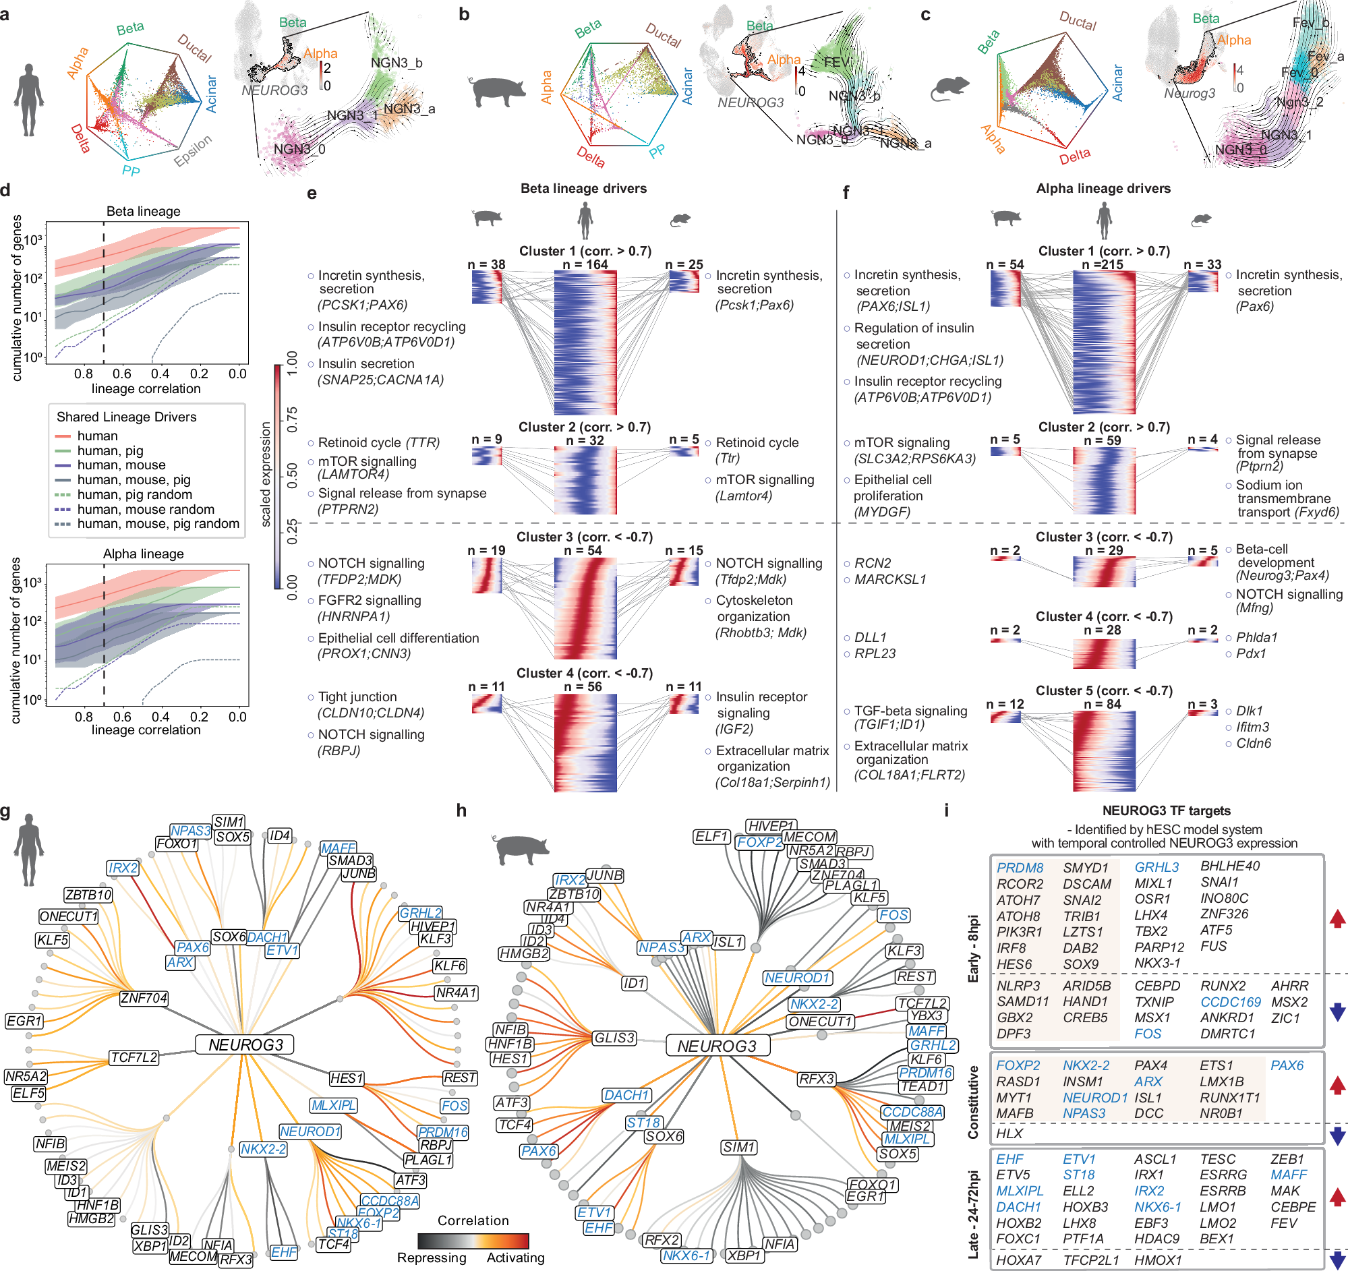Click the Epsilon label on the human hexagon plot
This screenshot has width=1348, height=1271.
click(194, 150)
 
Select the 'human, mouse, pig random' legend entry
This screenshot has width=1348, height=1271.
click(157, 523)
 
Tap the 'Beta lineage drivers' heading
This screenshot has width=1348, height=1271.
click(583, 188)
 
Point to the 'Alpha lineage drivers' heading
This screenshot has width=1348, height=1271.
click(1103, 188)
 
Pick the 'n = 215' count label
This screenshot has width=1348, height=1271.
click(1103, 264)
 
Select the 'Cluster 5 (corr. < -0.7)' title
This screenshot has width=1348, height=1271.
click(1104, 690)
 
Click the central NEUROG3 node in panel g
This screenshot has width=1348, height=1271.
click(245, 1044)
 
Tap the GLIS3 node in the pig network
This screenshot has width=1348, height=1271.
click(614, 1038)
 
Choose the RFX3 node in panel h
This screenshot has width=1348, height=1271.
click(817, 1078)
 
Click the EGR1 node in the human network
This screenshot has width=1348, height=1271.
click(24, 1021)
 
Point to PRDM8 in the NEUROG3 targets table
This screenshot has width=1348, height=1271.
click(1020, 868)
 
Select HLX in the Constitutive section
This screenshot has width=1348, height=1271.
click(1009, 1133)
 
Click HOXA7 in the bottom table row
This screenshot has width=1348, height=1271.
click(1018, 1260)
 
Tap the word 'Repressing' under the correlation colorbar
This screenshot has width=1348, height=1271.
click(432, 1258)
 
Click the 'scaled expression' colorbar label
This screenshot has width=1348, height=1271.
click(266, 475)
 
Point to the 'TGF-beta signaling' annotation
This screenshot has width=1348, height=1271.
click(910, 711)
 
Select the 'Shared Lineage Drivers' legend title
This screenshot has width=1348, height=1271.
click(126, 417)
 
